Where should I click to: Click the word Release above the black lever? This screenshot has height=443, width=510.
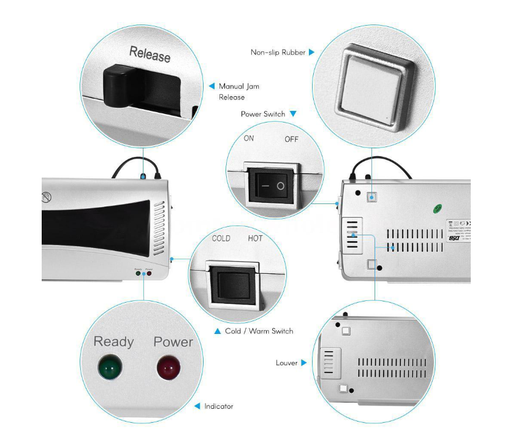click(150, 55)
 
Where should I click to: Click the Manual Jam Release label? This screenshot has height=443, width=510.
click(238, 91)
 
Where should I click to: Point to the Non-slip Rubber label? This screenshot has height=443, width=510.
click(278, 53)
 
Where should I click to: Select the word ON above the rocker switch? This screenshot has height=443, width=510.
click(248, 138)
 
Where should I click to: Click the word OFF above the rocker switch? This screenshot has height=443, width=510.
click(291, 139)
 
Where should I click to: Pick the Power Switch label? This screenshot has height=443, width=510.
click(263, 114)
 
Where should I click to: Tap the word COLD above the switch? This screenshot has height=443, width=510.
click(221, 238)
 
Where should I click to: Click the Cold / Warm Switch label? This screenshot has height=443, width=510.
click(259, 331)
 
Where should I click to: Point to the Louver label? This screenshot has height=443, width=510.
click(286, 363)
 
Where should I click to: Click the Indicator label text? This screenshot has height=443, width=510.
click(218, 406)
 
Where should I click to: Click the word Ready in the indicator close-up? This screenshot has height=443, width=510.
click(114, 341)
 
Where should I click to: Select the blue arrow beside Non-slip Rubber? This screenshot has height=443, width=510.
click(311, 53)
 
